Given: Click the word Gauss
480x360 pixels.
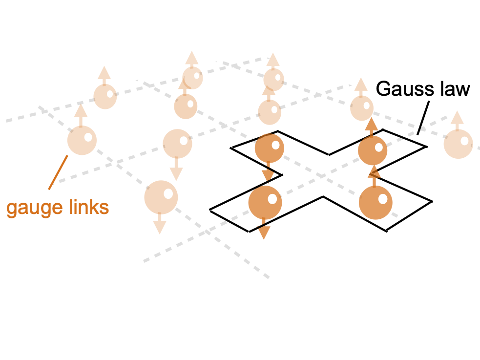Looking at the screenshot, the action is pos(405,89).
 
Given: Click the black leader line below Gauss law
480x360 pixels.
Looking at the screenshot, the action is pos(423,118).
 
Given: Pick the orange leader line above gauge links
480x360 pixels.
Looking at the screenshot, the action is pos(58,172).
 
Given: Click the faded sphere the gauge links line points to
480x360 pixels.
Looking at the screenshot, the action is pos(82,140).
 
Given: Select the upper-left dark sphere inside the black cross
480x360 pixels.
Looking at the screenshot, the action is pos(270,148).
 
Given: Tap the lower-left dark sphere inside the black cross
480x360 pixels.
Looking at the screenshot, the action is pos(265,202).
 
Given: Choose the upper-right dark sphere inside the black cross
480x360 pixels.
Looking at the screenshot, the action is pos(373,150).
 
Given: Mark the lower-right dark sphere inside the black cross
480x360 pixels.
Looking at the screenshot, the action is pos(376,203).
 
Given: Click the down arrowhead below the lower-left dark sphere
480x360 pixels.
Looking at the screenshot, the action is pos(264,233).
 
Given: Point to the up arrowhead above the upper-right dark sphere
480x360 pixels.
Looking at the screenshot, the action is pos(371,124).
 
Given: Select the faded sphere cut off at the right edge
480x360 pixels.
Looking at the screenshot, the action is pos(458,144).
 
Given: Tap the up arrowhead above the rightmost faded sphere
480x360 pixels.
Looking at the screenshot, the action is pos(457,118).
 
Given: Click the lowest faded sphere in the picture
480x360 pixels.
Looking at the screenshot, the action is pos(161,197).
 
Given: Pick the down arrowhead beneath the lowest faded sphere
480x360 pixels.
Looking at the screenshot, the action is pos(160,228).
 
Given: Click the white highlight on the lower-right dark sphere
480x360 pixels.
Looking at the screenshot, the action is pos(383,199).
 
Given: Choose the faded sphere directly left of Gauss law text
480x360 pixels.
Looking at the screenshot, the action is pos(362,108).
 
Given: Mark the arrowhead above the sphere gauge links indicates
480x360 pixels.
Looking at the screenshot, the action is pos(81,110).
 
